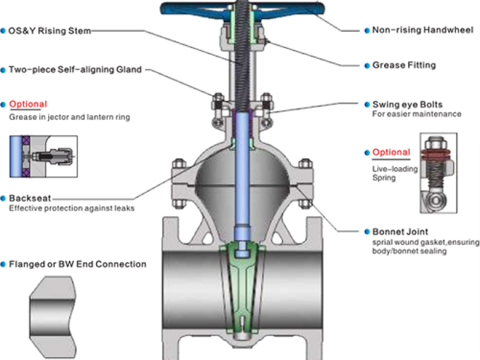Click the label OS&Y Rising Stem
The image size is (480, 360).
[49, 31]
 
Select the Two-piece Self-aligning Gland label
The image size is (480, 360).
[75, 70]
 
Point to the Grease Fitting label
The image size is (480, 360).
[404, 65]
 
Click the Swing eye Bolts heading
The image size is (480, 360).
[407, 105]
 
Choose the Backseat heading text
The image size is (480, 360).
[29, 198]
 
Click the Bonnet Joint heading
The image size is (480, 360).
[400, 232]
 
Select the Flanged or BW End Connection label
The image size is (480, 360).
[77, 264]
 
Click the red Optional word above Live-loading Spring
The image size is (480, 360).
[391, 152]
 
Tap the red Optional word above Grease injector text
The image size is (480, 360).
[28, 104]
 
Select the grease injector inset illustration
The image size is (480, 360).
[43, 155]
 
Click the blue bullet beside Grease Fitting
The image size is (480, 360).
[367, 65]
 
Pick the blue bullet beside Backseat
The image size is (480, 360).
[4, 198]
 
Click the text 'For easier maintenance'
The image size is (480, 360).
[416, 114]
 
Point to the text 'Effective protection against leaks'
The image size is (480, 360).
[71, 208]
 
